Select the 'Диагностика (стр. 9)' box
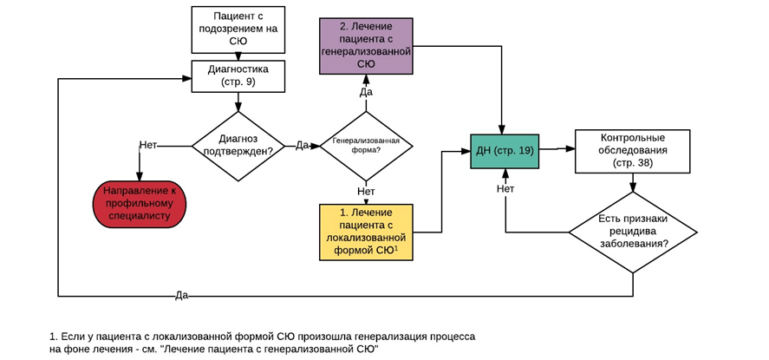coord(238,75)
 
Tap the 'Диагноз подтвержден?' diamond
coord(238,146)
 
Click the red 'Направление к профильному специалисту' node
coord(139,205)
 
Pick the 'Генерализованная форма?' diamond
coord(366,145)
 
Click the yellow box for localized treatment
coord(366,232)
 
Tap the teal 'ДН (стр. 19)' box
coord(505,151)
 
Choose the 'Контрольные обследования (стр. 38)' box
coord(632,150)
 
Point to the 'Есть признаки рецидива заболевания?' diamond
coord(633,232)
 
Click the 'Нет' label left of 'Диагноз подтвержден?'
coord(148,145)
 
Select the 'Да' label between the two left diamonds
coord(302,145)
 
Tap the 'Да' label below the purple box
coord(366,92)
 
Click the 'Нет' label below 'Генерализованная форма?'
coord(366,191)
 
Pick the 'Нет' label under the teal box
coord(505,188)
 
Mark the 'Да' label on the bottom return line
coord(181,295)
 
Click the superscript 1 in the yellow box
coord(395,249)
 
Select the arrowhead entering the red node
coord(139,179)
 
